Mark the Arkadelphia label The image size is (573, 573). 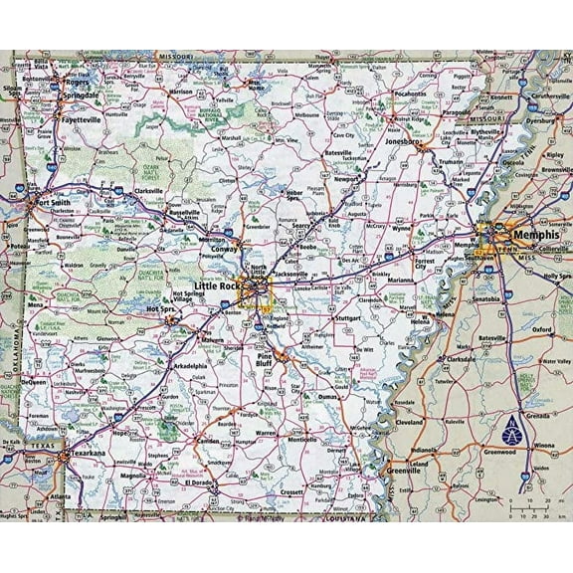[189, 366]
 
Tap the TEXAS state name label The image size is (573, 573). [36, 448]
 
